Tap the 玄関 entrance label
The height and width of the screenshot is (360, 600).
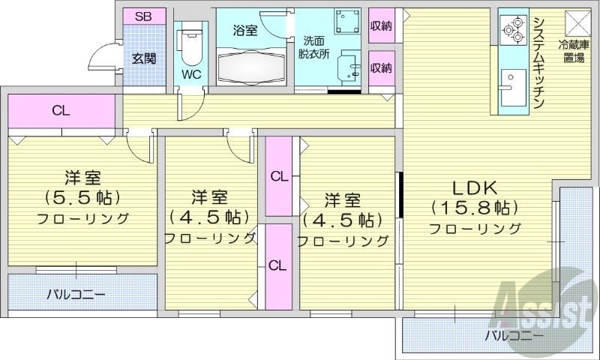[144, 58]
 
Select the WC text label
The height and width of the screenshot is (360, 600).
[190, 74]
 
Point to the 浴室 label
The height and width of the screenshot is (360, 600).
[244, 31]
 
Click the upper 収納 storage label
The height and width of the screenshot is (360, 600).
[381, 25]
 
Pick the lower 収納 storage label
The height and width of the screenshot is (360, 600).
[381, 67]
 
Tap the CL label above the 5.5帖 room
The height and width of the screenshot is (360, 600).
[61, 111]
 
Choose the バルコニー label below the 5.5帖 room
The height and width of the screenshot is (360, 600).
[76, 294]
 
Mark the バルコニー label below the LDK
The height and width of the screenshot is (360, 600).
[514, 335]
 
